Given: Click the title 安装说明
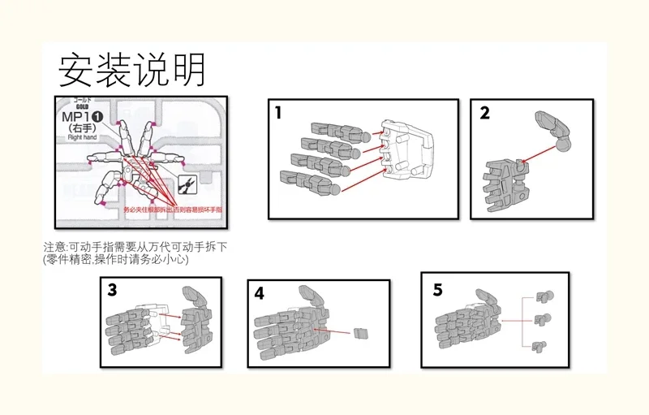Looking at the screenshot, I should click(x=131, y=71).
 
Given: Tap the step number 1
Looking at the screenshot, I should click(x=278, y=113).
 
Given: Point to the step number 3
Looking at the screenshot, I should click(x=112, y=289).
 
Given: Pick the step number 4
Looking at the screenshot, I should click(x=259, y=292).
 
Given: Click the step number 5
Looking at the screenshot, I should click(x=438, y=289).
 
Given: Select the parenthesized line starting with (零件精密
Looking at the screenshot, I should click(x=115, y=259).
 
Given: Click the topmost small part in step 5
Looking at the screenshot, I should click(x=543, y=296).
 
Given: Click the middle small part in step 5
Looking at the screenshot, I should click(x=542, y=319).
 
